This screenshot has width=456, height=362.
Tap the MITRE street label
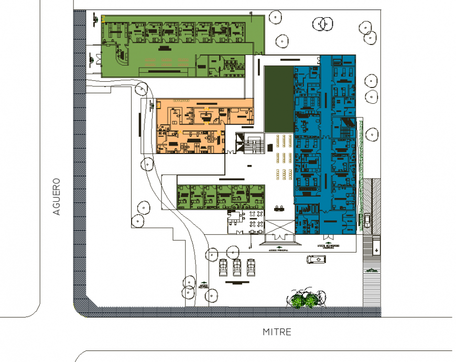point(277,332)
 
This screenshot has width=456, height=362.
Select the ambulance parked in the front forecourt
point(316,259)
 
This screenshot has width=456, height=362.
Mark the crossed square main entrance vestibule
point(280,228)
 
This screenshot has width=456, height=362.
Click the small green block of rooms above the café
point(221,196)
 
